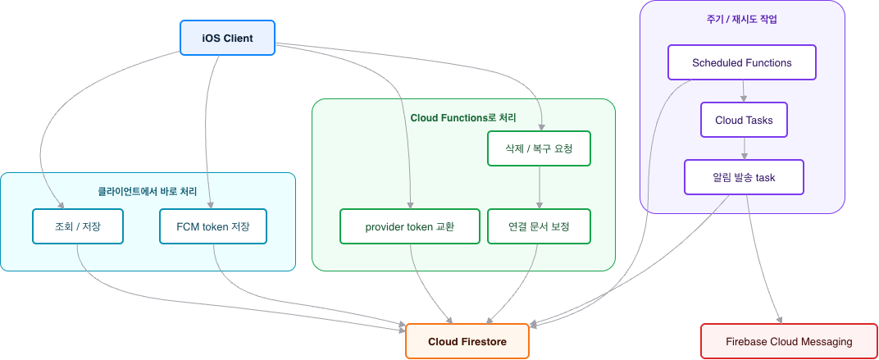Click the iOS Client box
227,38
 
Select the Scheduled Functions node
741,63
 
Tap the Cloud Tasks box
744,120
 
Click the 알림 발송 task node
744,177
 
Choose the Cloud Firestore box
467,341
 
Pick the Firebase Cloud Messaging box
789,341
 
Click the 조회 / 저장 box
77,226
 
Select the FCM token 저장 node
213,226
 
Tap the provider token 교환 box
410,226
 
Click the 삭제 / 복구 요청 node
539,148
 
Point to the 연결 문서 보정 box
539,226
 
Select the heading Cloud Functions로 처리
463,118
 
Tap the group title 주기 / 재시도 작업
741,20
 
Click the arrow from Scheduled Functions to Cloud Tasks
744,91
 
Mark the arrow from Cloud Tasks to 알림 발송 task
744,148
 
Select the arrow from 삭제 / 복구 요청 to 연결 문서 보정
539,187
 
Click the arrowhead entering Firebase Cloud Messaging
779,320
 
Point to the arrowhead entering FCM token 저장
210,205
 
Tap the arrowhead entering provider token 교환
410,205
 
